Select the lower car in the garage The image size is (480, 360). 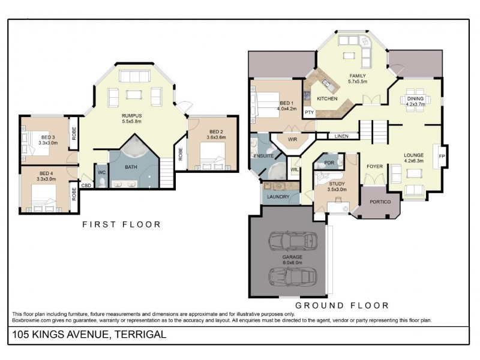coord(290,278)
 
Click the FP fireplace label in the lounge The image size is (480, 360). coord(443,156)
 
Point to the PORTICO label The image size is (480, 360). coord(380,202)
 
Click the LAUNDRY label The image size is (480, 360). coord(278,196)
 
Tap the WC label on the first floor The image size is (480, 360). coord(101,173)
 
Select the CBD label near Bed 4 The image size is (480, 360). coord(86,185)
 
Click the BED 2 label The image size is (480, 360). coord(216,131)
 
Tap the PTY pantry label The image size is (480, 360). coord(310,112)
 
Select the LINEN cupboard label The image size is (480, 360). coord(341,136)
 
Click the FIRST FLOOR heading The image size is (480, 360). coord(121,224)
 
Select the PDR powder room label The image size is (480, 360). coord(329,163)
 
